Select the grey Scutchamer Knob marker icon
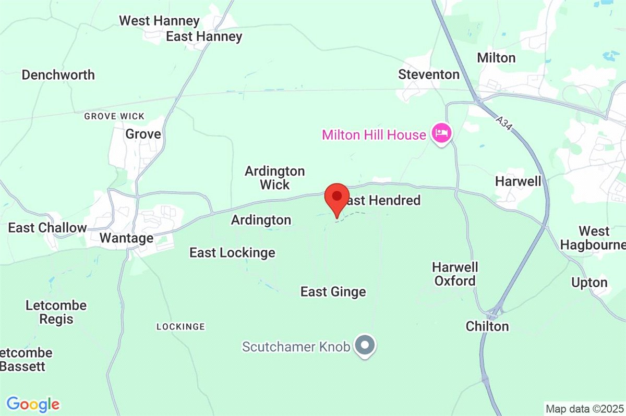click(365, 345)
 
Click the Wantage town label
click(126, 239)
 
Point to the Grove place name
click(143, 134)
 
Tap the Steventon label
click(429, 75)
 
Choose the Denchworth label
click(58, 75)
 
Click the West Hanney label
click(159, 21)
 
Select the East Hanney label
click(204, 36)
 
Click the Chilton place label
click(487, 326)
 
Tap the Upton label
click(589, 283)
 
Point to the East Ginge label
click(333, 292)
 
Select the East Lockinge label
click(232, 253)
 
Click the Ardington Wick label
click(275, 178)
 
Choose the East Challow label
click(47, 228)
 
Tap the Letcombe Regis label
click(56, 312)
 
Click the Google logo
click(33, 404)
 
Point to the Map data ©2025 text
click(584, 408)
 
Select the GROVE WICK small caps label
click(114, 116)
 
